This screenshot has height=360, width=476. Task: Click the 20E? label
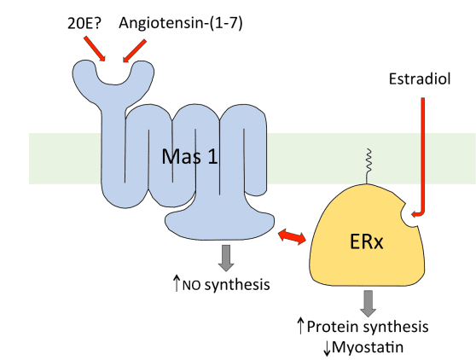pos(84,23)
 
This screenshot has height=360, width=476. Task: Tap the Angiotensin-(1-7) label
pos(181,23)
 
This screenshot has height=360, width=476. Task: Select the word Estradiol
pos(420,79)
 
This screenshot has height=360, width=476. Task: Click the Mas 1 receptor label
pos(189,157)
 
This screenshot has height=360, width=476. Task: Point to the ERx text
pos(367,242)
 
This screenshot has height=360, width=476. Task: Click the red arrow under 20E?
pos(95,49)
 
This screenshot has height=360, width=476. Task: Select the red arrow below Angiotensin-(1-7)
pos(135,50)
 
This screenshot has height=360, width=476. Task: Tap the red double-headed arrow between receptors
pos(292,236)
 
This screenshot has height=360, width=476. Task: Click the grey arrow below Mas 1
pos(226,258)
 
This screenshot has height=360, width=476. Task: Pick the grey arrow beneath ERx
pos(368,304)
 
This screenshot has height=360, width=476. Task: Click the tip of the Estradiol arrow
pos(412,215)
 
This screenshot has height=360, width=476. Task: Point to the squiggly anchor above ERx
pos(368,165)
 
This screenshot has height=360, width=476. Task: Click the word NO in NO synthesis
pos(192,286)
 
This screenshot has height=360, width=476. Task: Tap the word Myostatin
pos(368,347)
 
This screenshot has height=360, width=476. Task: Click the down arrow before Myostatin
pos(327,349)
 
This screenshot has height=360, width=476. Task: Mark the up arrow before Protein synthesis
pos(300,326)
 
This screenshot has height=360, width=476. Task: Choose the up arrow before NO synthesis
pos(177,283)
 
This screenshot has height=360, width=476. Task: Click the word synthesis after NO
pos(237,285)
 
